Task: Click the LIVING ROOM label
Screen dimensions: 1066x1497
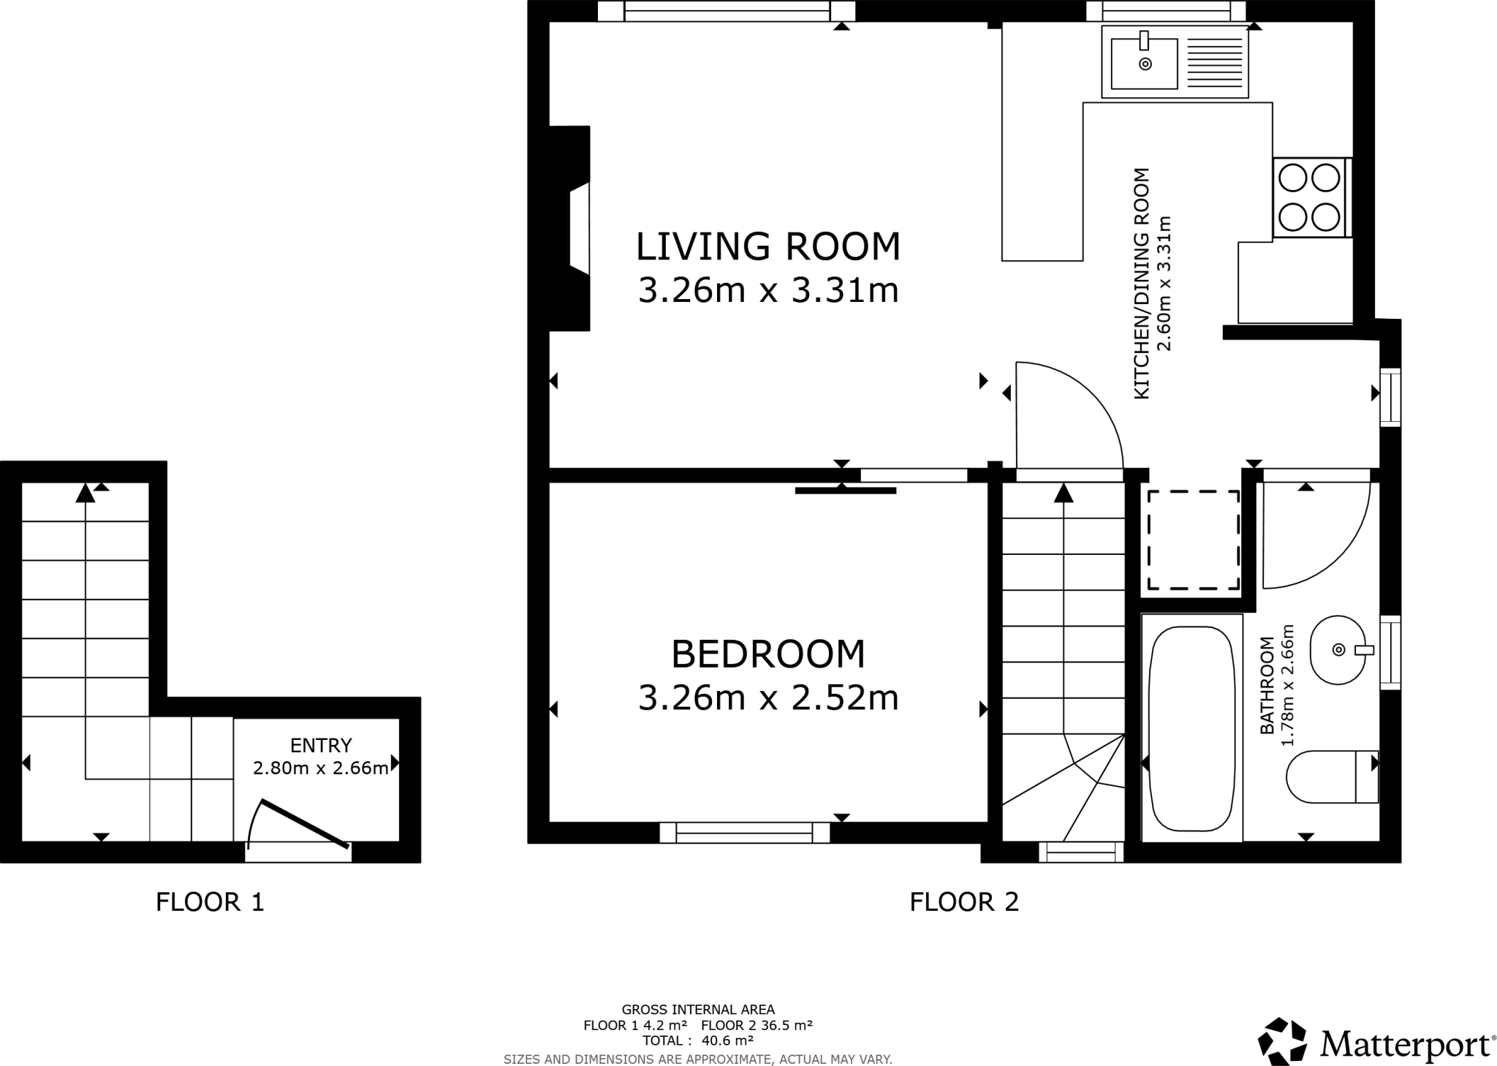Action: point(768,246)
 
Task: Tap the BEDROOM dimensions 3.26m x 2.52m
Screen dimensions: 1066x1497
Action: point(768,698)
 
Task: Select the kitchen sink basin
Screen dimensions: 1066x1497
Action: point(1144,64)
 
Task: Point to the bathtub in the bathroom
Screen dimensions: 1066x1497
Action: point(1191,729)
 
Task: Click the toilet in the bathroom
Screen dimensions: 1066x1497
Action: point(1330,776)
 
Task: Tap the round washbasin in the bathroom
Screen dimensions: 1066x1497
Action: point(1338,650)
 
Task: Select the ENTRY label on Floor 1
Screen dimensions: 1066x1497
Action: point(321,745)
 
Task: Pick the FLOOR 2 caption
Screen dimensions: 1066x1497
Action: point(963,902)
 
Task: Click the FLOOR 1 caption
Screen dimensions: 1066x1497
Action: point(210,902)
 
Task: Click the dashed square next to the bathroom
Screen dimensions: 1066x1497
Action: point(1193,540)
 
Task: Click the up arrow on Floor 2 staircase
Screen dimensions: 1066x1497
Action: point(1064,494)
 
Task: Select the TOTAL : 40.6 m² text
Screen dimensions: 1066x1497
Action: point(697,1040)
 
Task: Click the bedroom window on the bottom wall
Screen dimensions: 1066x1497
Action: point(744,833)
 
